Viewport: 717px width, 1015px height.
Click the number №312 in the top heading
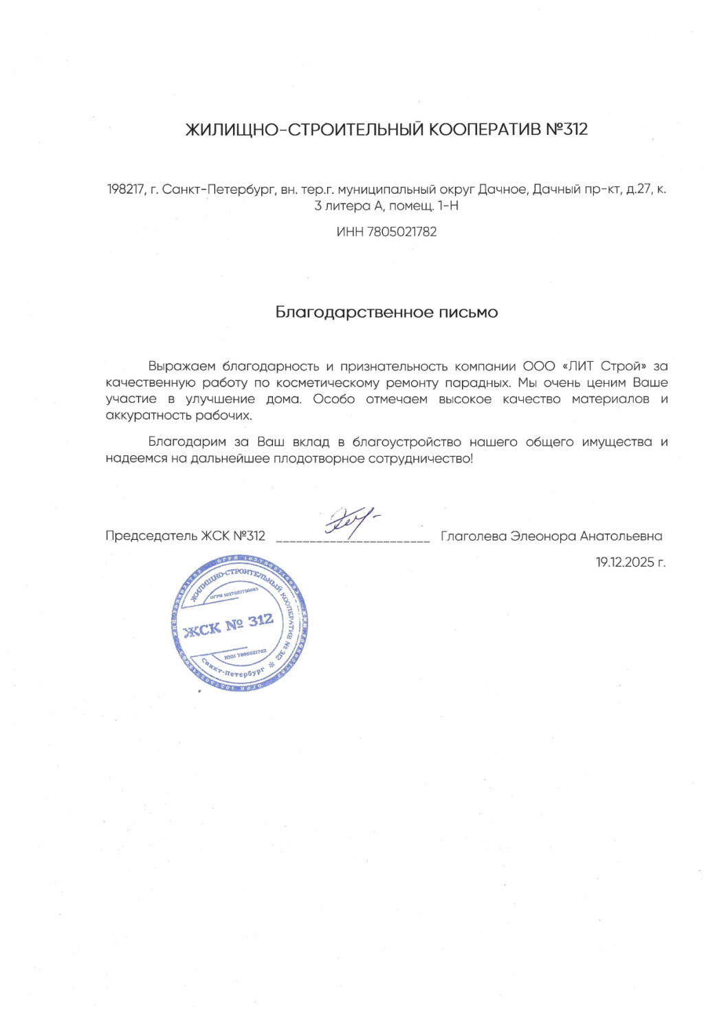click(x=566, y=129)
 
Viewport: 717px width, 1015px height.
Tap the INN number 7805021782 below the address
click(x=402, y=232)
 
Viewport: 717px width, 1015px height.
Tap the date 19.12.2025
click(x=625, y=563)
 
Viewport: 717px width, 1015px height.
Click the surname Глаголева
click(x=473, y=536)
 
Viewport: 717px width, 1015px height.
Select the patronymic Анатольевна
click(x=621, y=536)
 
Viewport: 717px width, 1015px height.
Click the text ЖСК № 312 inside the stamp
click(x=229, y=625)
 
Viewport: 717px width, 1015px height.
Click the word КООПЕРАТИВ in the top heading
click(x=485, y=129)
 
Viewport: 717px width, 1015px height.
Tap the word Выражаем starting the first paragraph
click(x=181, y=366)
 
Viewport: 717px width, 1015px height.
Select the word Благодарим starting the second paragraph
click(x=187, y=442)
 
